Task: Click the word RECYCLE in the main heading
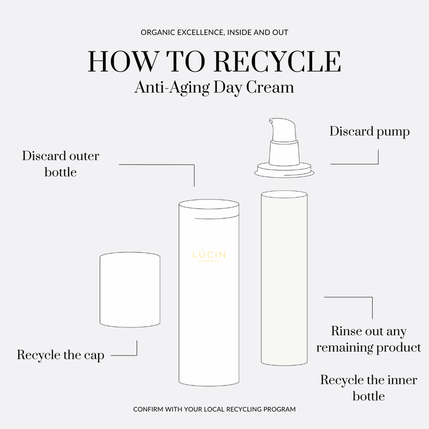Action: pos(277,62)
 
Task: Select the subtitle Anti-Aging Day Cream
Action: pos(214,87)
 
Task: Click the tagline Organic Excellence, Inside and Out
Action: pos(214,33)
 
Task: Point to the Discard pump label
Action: pos(369,132)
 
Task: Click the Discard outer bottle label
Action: pos(61,164)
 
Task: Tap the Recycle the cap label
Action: pos(61,355)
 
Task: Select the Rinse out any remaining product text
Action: pos(368,339)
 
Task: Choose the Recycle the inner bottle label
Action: pos(368,388)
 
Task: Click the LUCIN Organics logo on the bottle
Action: pos(209,256)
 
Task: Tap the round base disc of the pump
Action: pos(284,170)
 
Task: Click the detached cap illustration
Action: pos(130,290)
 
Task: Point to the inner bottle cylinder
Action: pos(284,278)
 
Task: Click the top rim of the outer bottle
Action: pos(209,204)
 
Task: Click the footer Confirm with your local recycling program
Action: pos(214,409)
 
